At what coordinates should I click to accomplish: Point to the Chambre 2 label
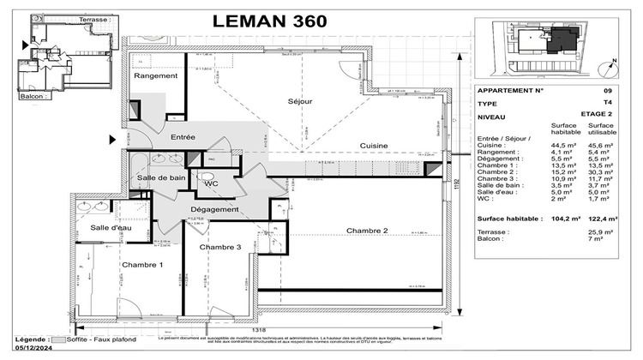pos(367,231)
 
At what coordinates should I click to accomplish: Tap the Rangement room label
pos(155,76)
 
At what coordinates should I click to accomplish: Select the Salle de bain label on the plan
pos(161,177)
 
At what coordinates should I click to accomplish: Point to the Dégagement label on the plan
pos(214,209)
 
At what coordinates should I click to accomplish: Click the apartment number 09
pos(607,89)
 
